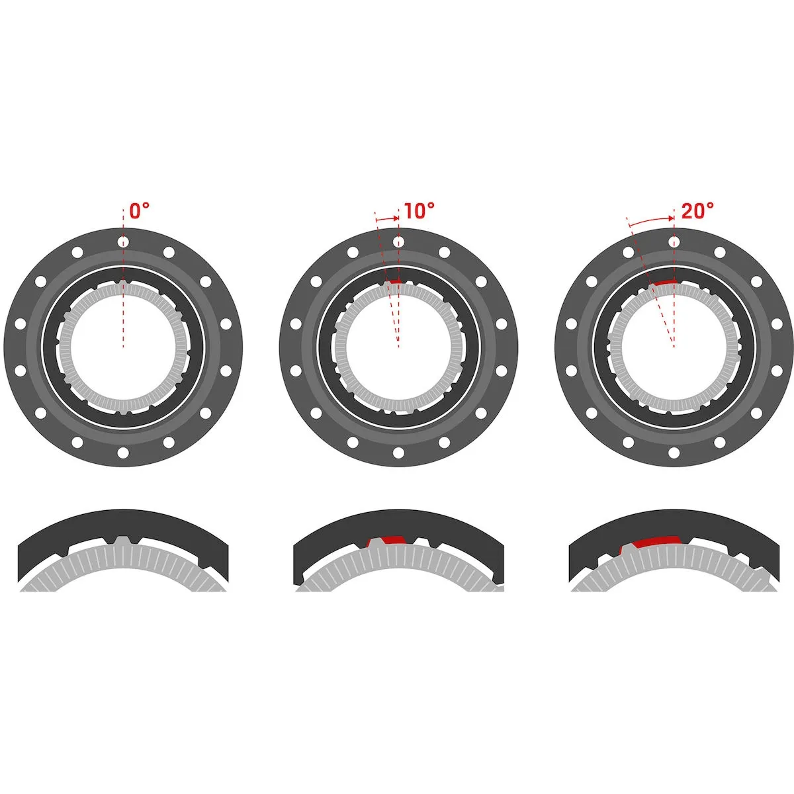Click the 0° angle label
139,211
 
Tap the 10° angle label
419,211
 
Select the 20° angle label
697,211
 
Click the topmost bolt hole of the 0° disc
122,243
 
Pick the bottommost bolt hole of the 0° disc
122,453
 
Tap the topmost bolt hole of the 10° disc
398,243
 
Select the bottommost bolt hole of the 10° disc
398,453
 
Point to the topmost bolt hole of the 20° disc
674,243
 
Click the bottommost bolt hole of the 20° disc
674,453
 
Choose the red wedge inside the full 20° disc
663,283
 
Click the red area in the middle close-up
390,539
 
